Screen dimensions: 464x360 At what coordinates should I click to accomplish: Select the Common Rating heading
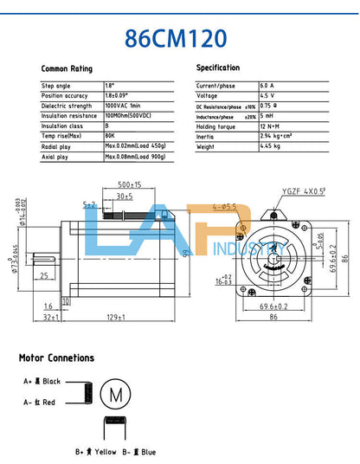coord(67,68)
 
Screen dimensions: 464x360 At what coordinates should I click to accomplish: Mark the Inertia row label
coord(208,136)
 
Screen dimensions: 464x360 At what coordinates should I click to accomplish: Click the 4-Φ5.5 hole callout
coord(224,207)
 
